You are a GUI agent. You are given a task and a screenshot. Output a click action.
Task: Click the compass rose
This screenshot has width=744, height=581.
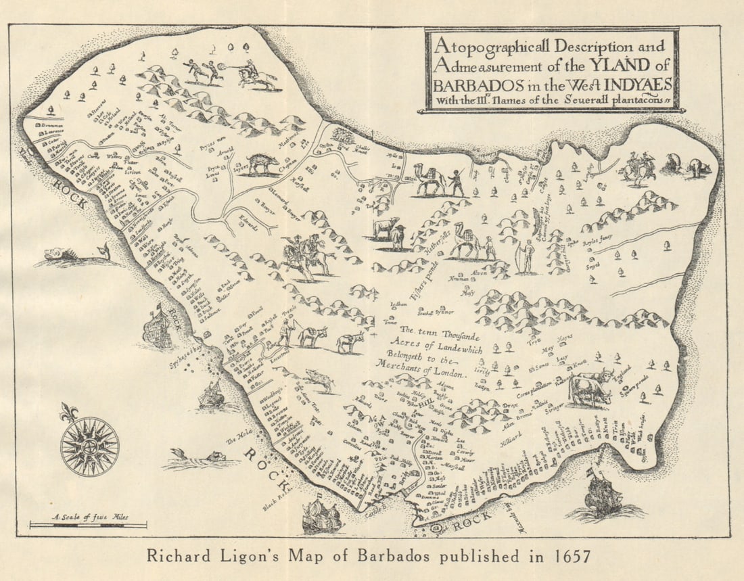tap(89, 446)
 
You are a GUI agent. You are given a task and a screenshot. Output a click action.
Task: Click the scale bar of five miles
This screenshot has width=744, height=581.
tap(88, 525)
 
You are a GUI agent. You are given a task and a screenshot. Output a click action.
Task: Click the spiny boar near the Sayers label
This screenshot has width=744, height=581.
tap(262, 164)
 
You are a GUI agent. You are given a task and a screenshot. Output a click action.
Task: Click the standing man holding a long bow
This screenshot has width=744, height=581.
tap(527, 256)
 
